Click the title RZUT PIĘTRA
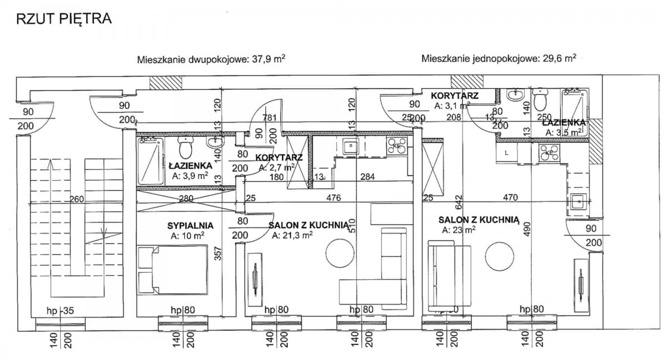pyautogui.click(x=64, y=19)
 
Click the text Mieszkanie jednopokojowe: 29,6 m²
pyautogui.click(x=498, y=58)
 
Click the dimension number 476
pyautogui.click(x=333, y=197)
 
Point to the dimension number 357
pyautogui.click(x=218, y=253)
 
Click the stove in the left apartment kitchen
pyautogui.click(x=397, y=146)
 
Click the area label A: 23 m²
pyautogui.click(x=458, y=229)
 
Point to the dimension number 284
pyautogui.click(x=367, y=177)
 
